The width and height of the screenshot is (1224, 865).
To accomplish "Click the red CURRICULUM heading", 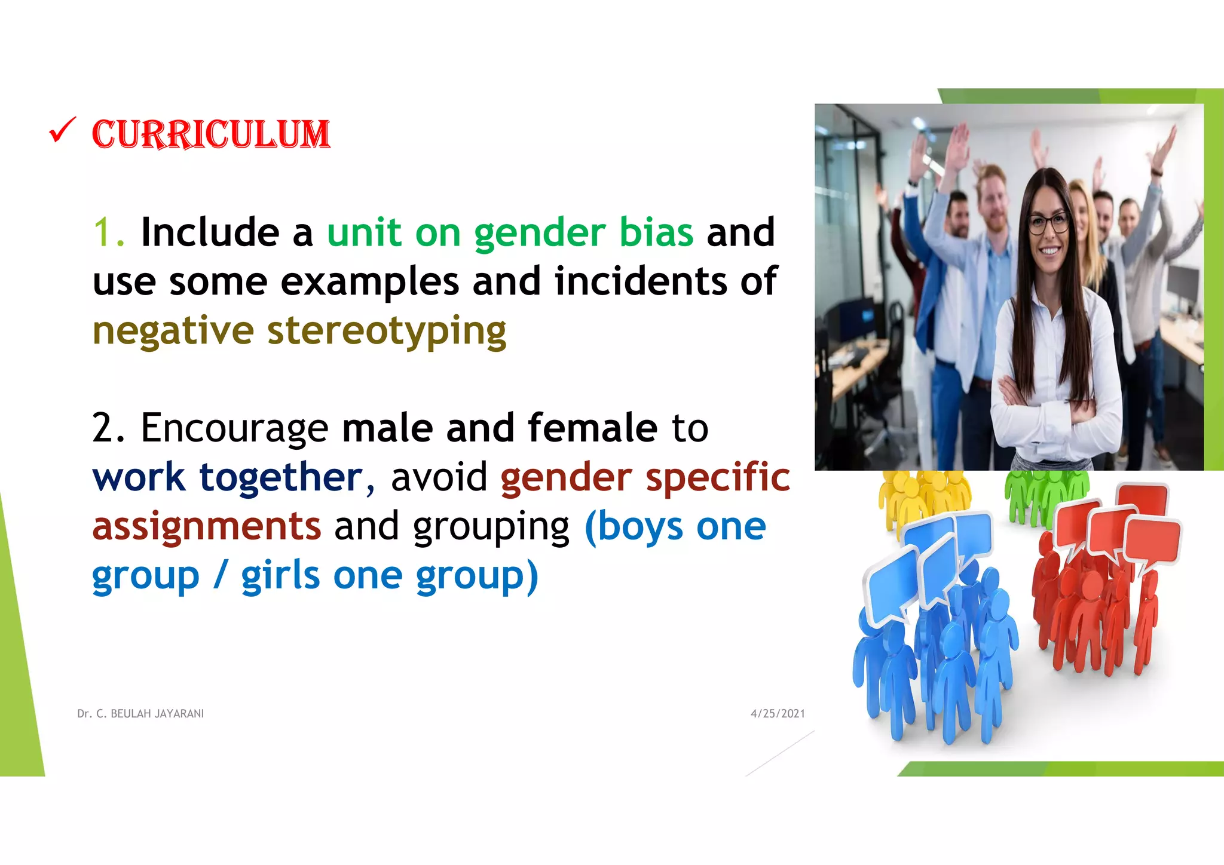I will pos(210,134).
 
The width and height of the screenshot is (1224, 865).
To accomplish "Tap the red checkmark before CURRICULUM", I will pos(62,130).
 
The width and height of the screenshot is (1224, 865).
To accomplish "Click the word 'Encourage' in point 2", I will pos(234,428).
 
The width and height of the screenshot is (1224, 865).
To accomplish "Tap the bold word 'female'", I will pos(592,428).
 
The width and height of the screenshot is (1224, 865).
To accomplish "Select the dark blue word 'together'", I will pos(281,477).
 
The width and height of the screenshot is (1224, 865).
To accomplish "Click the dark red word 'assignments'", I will pos(207,526).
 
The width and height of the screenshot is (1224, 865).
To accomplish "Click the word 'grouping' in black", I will pos(491,527).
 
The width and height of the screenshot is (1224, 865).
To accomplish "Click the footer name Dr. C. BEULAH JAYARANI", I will pos(140,714).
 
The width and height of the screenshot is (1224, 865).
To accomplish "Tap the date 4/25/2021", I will pos(778,714).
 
